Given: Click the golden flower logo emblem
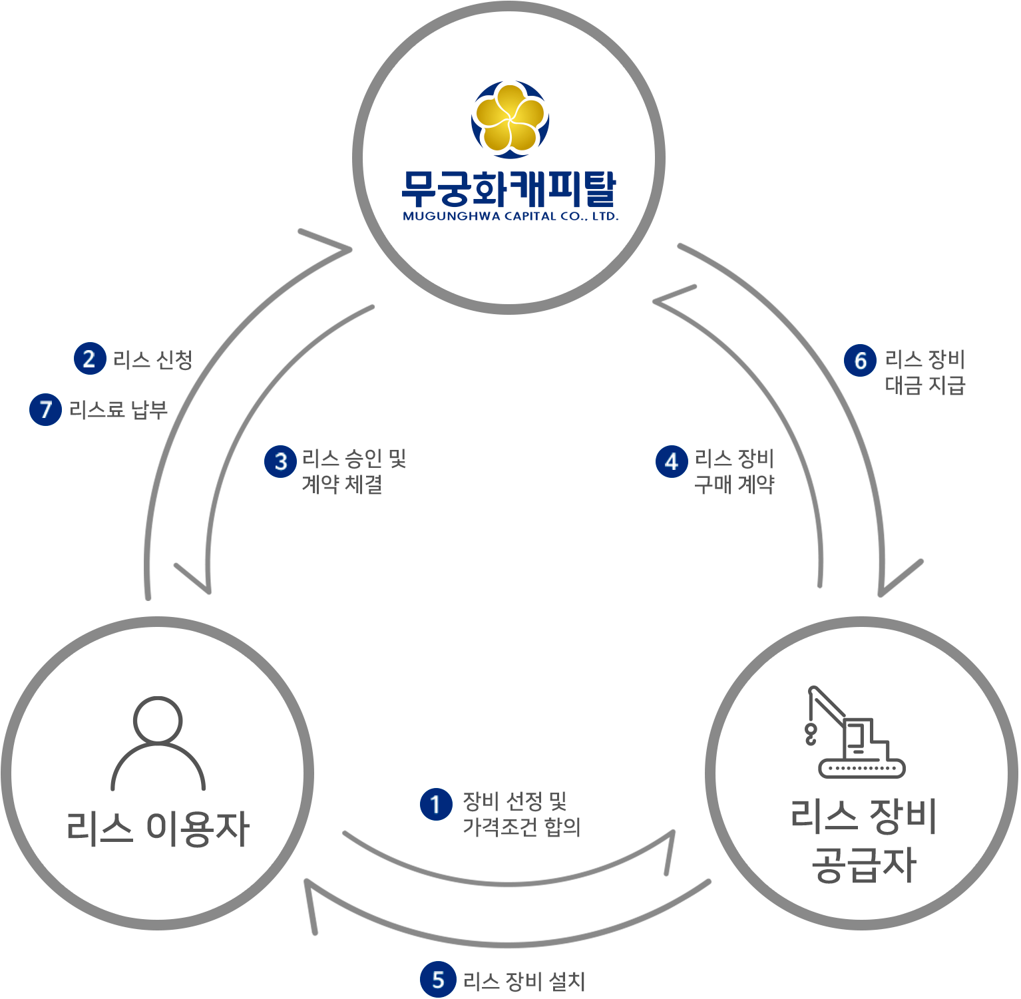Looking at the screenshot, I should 510,120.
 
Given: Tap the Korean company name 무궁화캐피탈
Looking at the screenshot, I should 509,188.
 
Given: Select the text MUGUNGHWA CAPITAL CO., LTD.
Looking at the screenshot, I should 510,216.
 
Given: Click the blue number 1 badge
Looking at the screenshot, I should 436,805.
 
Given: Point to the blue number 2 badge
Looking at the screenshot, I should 90,359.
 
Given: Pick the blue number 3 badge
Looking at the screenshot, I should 280,462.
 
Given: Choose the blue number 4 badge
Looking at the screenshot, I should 672,462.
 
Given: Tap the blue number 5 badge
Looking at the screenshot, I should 437,980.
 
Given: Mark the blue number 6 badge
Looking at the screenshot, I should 860,361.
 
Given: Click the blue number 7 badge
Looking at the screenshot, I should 45,409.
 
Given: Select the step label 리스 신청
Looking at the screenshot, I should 152,360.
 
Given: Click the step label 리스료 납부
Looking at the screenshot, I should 118,410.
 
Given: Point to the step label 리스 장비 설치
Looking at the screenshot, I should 524,981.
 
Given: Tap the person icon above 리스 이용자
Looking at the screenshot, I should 158,743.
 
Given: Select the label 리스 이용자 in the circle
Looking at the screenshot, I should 158,829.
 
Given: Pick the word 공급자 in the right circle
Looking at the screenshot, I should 863,865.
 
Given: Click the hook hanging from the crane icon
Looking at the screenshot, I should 811,734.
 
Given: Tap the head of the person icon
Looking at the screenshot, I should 158,719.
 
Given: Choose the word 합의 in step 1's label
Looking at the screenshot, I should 562,827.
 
